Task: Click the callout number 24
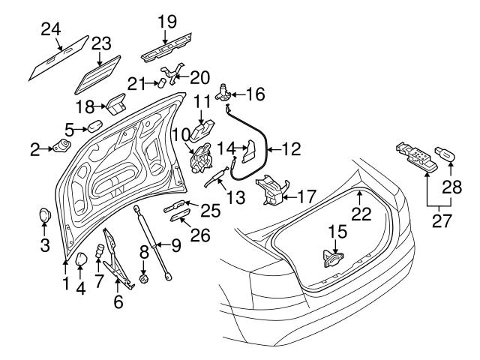click(50, 28)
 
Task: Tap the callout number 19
click(166, 20)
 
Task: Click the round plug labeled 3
click(44, 216)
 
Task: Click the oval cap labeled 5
click(95, 124)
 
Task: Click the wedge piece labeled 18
click(117, 102)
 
